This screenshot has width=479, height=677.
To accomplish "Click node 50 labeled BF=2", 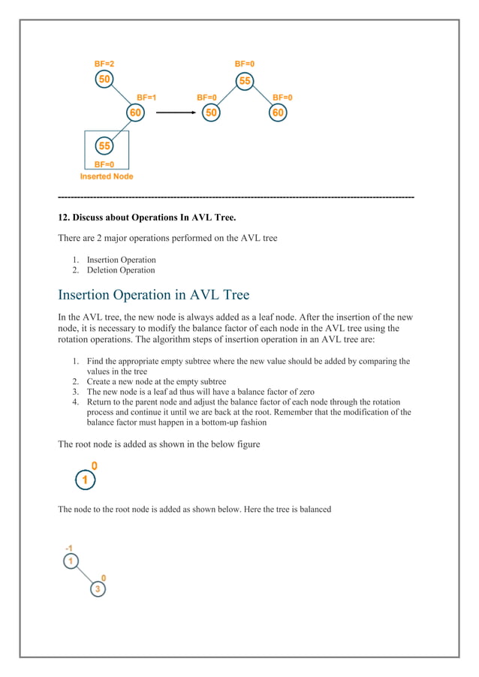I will (x=105, y=80).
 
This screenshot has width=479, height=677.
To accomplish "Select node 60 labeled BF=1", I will (x=134, y=113).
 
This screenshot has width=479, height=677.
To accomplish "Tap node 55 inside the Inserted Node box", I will (x=105, y=146).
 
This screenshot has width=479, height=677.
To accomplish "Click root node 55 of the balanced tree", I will (x=245, y=80).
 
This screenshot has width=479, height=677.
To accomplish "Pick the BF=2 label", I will (x=104, y=65).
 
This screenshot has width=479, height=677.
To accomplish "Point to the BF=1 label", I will (x=146, y=98).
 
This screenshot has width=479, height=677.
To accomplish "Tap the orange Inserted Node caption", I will (x=107, y=176).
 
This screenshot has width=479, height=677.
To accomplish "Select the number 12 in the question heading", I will (x=63, y=218).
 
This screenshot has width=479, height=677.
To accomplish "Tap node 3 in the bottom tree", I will (x=98, y=589).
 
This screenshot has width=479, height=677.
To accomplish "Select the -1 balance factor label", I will (x=69, y=548).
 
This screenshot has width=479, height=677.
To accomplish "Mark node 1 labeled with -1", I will (x=70, y=561).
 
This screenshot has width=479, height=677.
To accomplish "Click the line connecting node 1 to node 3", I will (x=84, y=575).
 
